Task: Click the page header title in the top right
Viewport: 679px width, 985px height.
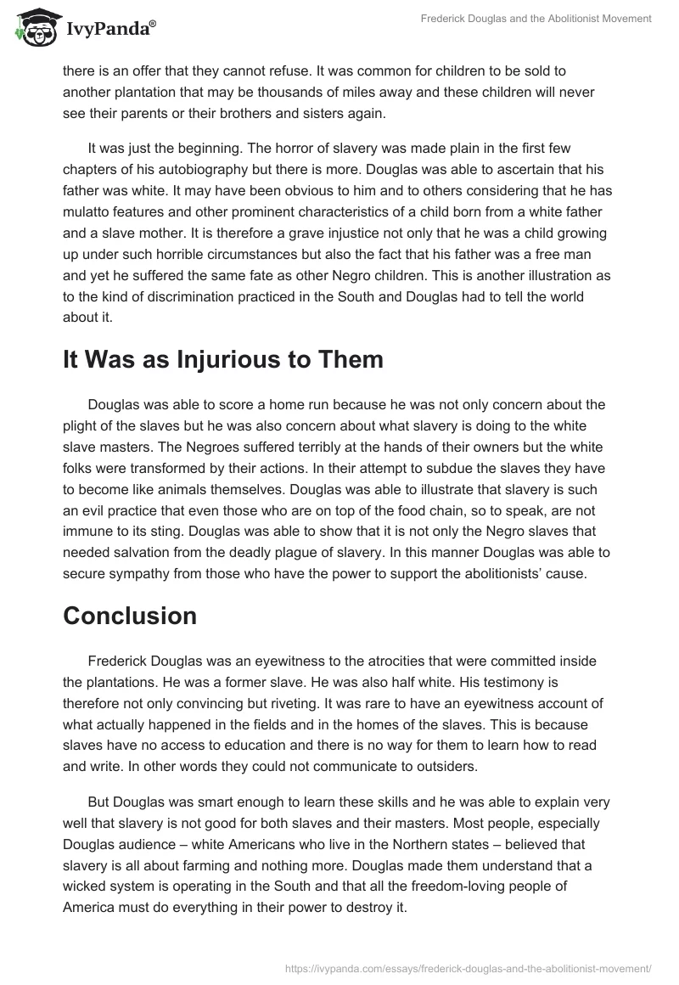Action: pos(536,19)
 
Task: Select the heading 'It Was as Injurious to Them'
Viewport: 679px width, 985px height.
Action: pos(223,359)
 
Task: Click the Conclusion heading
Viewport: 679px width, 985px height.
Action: pos(130,616)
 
